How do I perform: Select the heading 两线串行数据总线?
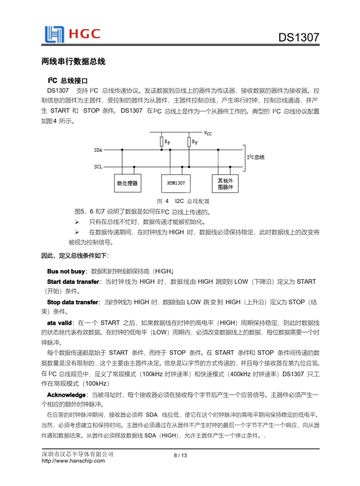pos(73,62)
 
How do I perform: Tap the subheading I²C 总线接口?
pos(68,80)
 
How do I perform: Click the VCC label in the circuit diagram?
pos(208,133)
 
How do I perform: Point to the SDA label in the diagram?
pos(98,149)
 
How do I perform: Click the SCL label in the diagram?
pos(98,167)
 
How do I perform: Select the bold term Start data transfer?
pos(73,282)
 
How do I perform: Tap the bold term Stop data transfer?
pos(72,302)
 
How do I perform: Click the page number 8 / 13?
pos(180,455)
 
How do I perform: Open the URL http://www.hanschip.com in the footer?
pos(73,460)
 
